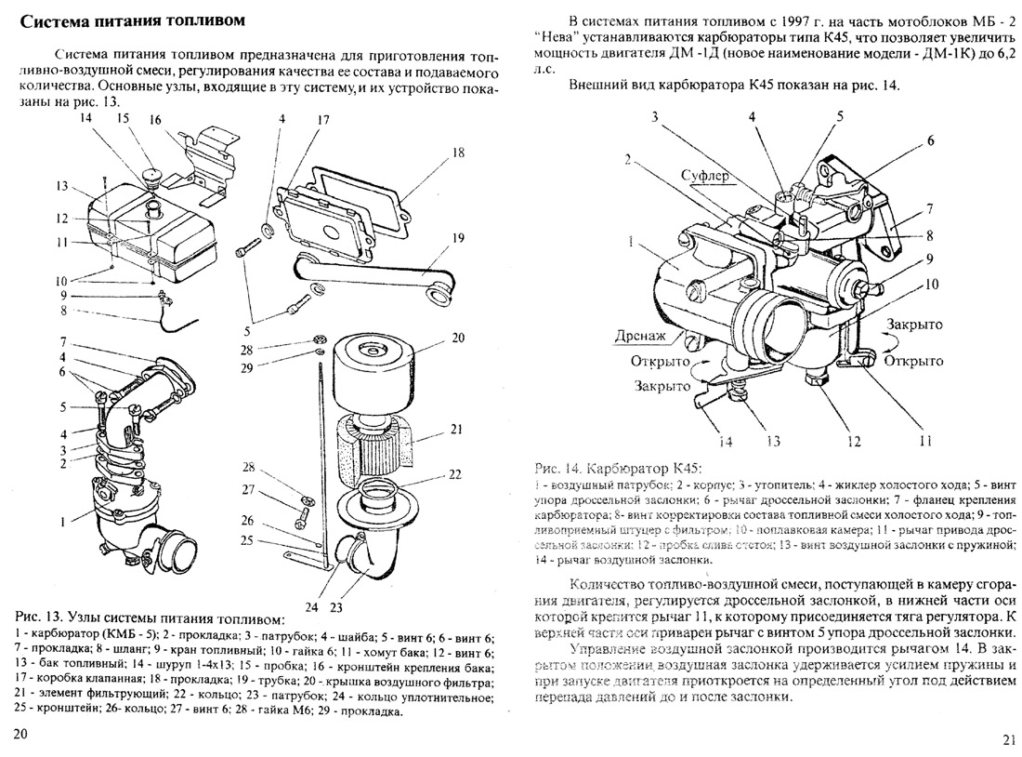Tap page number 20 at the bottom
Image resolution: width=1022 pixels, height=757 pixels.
tap(22, 734)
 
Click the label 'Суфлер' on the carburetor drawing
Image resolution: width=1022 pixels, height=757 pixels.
tap(707, 175)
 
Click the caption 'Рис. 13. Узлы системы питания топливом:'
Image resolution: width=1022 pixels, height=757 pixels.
tap(149, 618)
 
